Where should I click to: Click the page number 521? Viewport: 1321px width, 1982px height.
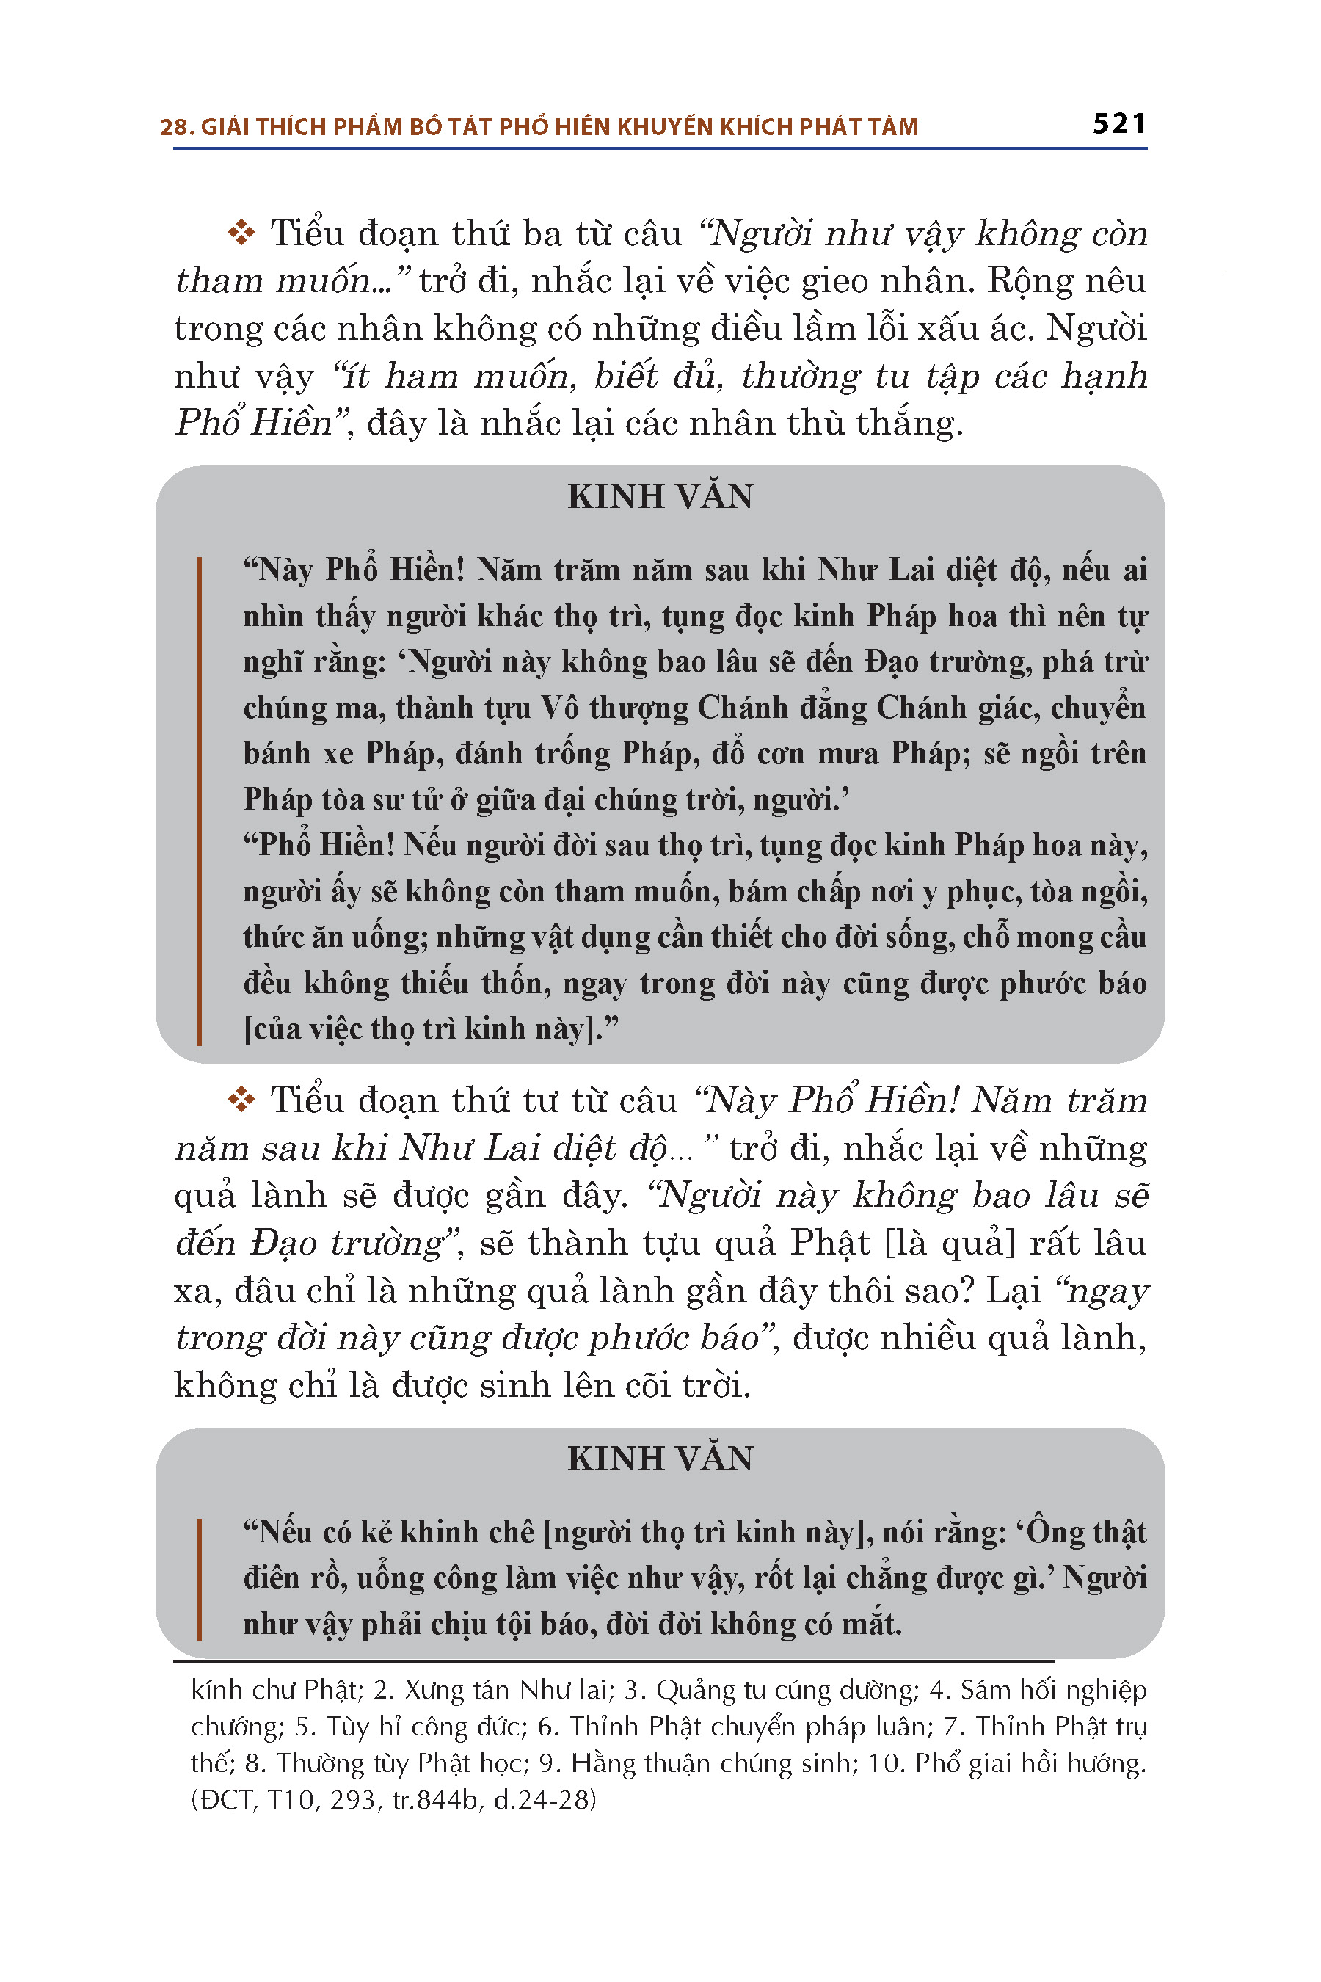1118,124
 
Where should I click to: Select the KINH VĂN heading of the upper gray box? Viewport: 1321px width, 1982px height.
660,496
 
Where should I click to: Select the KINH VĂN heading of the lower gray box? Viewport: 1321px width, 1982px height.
660,1459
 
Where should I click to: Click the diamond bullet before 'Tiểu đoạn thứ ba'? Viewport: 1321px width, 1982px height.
241,233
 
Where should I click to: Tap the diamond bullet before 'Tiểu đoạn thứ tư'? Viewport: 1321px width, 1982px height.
241,1100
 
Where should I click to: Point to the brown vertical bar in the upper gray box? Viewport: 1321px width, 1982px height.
199,801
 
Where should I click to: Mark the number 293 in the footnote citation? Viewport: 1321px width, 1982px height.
353,1800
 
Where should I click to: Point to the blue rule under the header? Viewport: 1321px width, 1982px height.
660,149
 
